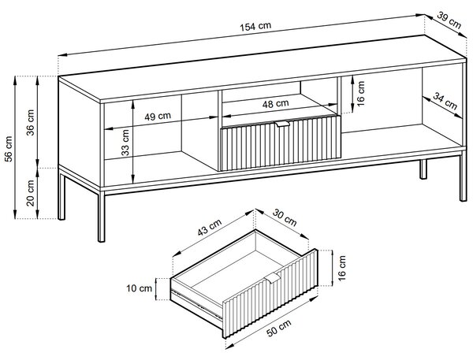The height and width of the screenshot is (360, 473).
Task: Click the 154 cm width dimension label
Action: tap(255, 27)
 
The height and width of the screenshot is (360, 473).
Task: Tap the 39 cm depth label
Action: tap(449, 20)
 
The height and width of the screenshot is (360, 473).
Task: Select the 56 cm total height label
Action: tap(9, 149)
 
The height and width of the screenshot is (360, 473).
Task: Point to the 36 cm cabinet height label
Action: tap(31, 122)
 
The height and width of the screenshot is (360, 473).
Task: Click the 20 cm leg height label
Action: tap(31, 193)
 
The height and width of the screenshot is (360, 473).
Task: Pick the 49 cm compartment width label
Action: tap(158, 117)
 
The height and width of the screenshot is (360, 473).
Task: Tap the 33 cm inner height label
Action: tap(125, 143)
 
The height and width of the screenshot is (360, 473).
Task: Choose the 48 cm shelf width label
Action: tap(275, 104)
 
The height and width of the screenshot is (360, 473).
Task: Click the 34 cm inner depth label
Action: tap(445, 102)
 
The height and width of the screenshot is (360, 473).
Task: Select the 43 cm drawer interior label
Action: tap(210, 227)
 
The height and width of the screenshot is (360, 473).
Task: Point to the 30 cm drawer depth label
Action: tap(285, 217)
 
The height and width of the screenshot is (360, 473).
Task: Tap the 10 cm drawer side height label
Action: tap(139, 288)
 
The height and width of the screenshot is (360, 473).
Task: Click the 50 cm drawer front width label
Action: tap(279, 328)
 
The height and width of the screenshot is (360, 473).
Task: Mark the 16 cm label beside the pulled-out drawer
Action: tap(342, 268)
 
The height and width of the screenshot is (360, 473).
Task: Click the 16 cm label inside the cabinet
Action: tap(361, 94)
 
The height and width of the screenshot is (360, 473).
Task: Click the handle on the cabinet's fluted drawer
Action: tap(282, 124)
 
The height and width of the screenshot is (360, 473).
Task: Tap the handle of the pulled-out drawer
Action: tap(273, 278)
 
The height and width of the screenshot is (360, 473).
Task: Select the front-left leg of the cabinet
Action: tap(102, 216)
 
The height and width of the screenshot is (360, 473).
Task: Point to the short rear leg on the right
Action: tap(423, 169)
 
